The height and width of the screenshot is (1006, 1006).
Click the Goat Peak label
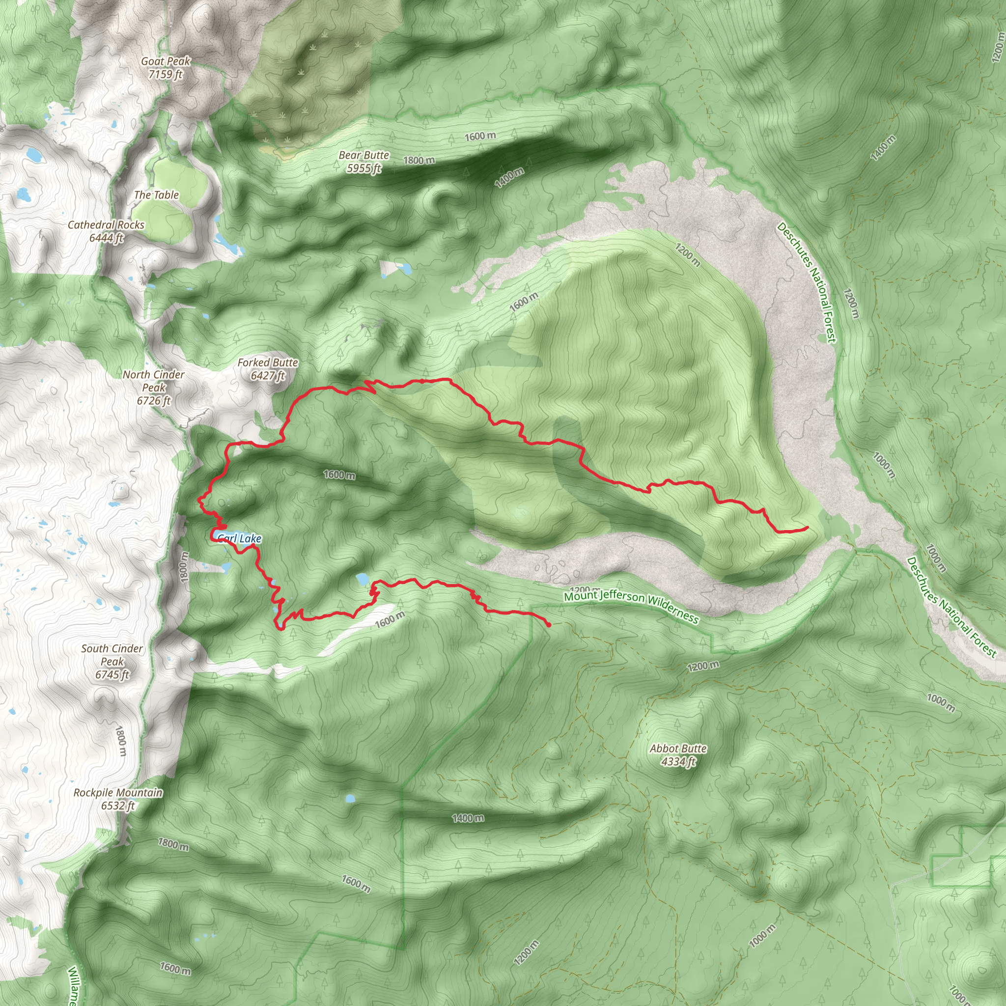(x=166, y=61)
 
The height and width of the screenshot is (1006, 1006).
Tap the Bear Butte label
(x=364, y=155)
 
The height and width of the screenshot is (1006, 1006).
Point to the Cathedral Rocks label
(x=106, y=225)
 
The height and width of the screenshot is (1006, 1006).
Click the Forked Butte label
(x=268, y=363)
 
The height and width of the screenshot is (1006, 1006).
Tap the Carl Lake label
(x=240, y=538)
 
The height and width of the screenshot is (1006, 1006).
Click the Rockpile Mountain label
(x=118, y=792)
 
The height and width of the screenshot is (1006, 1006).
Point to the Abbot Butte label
(x=678, y=749)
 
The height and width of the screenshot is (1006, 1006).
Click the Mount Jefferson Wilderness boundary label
(x=631, y=607)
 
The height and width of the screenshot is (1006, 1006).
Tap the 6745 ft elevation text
(x=112, y=675)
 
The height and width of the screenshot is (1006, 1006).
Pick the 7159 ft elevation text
(x=165, y=75)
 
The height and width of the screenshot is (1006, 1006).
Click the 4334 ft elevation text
(x=678, y=762)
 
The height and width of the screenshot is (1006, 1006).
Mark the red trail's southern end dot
(x=549, y=625)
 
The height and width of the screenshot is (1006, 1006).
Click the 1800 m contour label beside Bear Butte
(x=419, y=160)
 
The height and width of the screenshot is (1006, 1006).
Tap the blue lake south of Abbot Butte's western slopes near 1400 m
(x=350, y=798)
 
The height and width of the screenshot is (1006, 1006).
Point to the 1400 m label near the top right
(x=883, y=147)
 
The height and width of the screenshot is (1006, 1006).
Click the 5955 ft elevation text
(x=364, y=168)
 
